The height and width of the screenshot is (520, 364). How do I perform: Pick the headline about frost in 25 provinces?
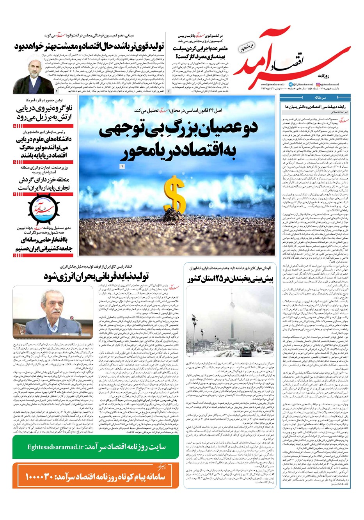[x=233, y=279]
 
